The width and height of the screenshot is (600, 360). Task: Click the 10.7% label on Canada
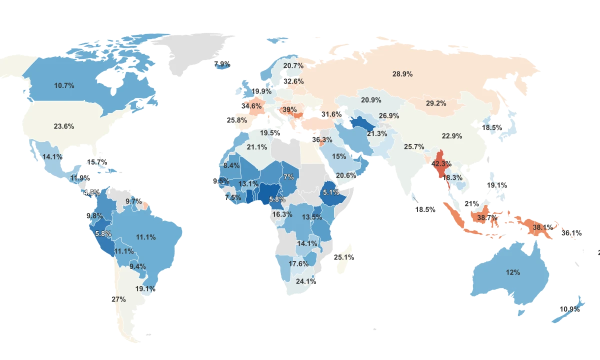click(x=64, y=85)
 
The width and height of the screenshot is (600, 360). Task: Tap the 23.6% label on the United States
click(x=64, y=126)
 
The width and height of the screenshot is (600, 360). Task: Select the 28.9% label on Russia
click(x=402, y=74)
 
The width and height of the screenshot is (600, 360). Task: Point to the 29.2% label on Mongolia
click(x=436, y=103)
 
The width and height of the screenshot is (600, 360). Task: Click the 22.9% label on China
click(x=452, y=136)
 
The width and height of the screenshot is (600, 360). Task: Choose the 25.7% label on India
click(x=414, y=147)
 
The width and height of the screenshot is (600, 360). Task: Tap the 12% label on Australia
click(x=513, y=272)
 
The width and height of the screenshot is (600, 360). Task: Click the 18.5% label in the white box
click(x=425, y=210)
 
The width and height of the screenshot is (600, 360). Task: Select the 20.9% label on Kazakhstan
click(x=371, y=100)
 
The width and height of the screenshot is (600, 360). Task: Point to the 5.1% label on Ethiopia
click(x=331, y=192)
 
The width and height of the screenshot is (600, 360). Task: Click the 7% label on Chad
click(x=288, y=177)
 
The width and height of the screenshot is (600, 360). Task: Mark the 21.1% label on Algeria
click(x=257, y=147)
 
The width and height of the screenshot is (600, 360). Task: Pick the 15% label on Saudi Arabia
click(x=339, y=156)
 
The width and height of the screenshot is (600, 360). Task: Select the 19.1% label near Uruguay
click(x=145, y=289)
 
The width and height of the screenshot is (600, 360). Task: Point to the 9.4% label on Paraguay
click(x=137, y=266)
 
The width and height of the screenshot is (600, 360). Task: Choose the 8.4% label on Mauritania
click(x=231, y=165)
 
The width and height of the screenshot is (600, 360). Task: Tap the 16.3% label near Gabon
click(x=282, y=214)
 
